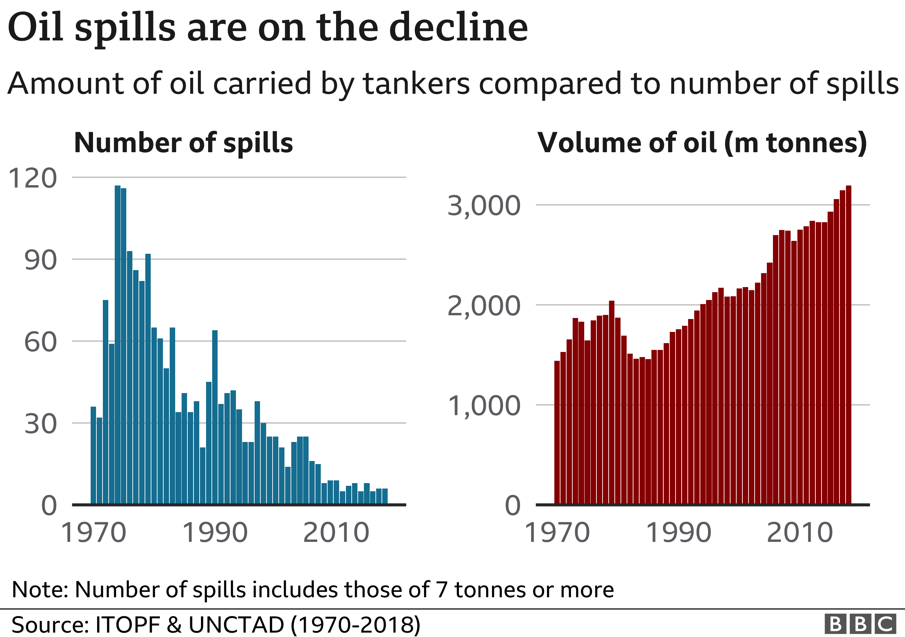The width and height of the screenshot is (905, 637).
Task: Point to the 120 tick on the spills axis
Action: (33, 178)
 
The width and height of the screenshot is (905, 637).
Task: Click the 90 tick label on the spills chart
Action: (40, 260)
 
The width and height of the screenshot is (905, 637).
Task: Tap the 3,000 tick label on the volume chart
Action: (484, 206)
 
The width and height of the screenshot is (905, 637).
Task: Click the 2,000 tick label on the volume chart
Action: (484, 305)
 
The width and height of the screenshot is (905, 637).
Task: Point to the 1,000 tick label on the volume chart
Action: (484, 405)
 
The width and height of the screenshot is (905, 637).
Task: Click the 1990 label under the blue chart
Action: (215, 532)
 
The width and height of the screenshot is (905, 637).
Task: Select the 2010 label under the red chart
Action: (800, 532)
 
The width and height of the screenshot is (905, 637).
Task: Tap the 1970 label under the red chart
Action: (557, 532)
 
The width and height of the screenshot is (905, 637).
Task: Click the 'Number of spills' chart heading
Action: (183, 142)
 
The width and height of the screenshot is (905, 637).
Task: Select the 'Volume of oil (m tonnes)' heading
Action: (702, 142)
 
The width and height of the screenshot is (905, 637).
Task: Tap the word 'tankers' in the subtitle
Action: (416, 83)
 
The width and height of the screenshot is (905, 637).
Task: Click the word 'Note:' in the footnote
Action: (40, 590)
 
